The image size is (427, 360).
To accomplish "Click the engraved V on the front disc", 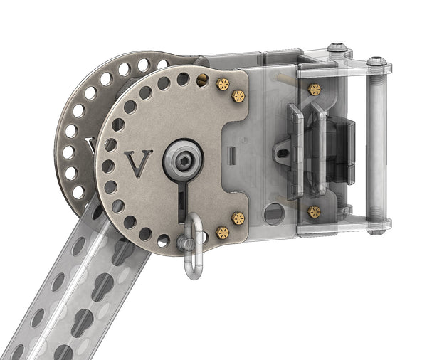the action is [138, 164].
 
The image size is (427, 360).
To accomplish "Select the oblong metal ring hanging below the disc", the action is [194, 245].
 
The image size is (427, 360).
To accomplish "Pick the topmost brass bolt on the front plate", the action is [223, 84].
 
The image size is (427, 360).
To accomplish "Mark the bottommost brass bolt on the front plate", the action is [222, 233].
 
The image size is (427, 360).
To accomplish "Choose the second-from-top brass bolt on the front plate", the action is [238, 96].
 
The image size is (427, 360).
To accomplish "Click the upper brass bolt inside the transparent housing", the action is [315, 90].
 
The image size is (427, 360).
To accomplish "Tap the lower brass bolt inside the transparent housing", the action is [314, 212].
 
